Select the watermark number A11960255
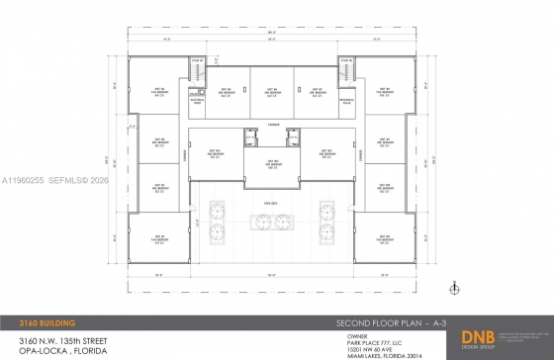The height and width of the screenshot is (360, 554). [x=21, y=181]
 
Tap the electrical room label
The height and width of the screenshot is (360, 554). [x=195, y=101]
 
